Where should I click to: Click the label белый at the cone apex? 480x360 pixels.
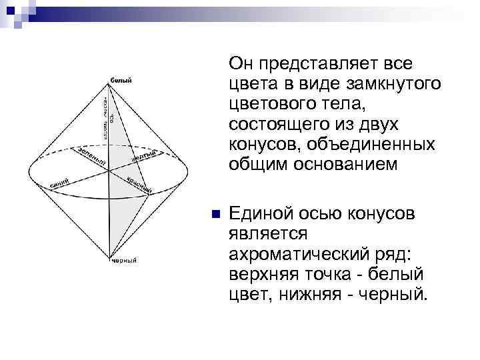click(121, 81)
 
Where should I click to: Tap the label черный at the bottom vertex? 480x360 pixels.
click(123, 261)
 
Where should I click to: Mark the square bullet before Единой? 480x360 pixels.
click(215, 215)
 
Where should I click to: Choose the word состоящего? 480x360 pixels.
click(280, 125)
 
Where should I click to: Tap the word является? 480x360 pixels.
click(265, 234)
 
